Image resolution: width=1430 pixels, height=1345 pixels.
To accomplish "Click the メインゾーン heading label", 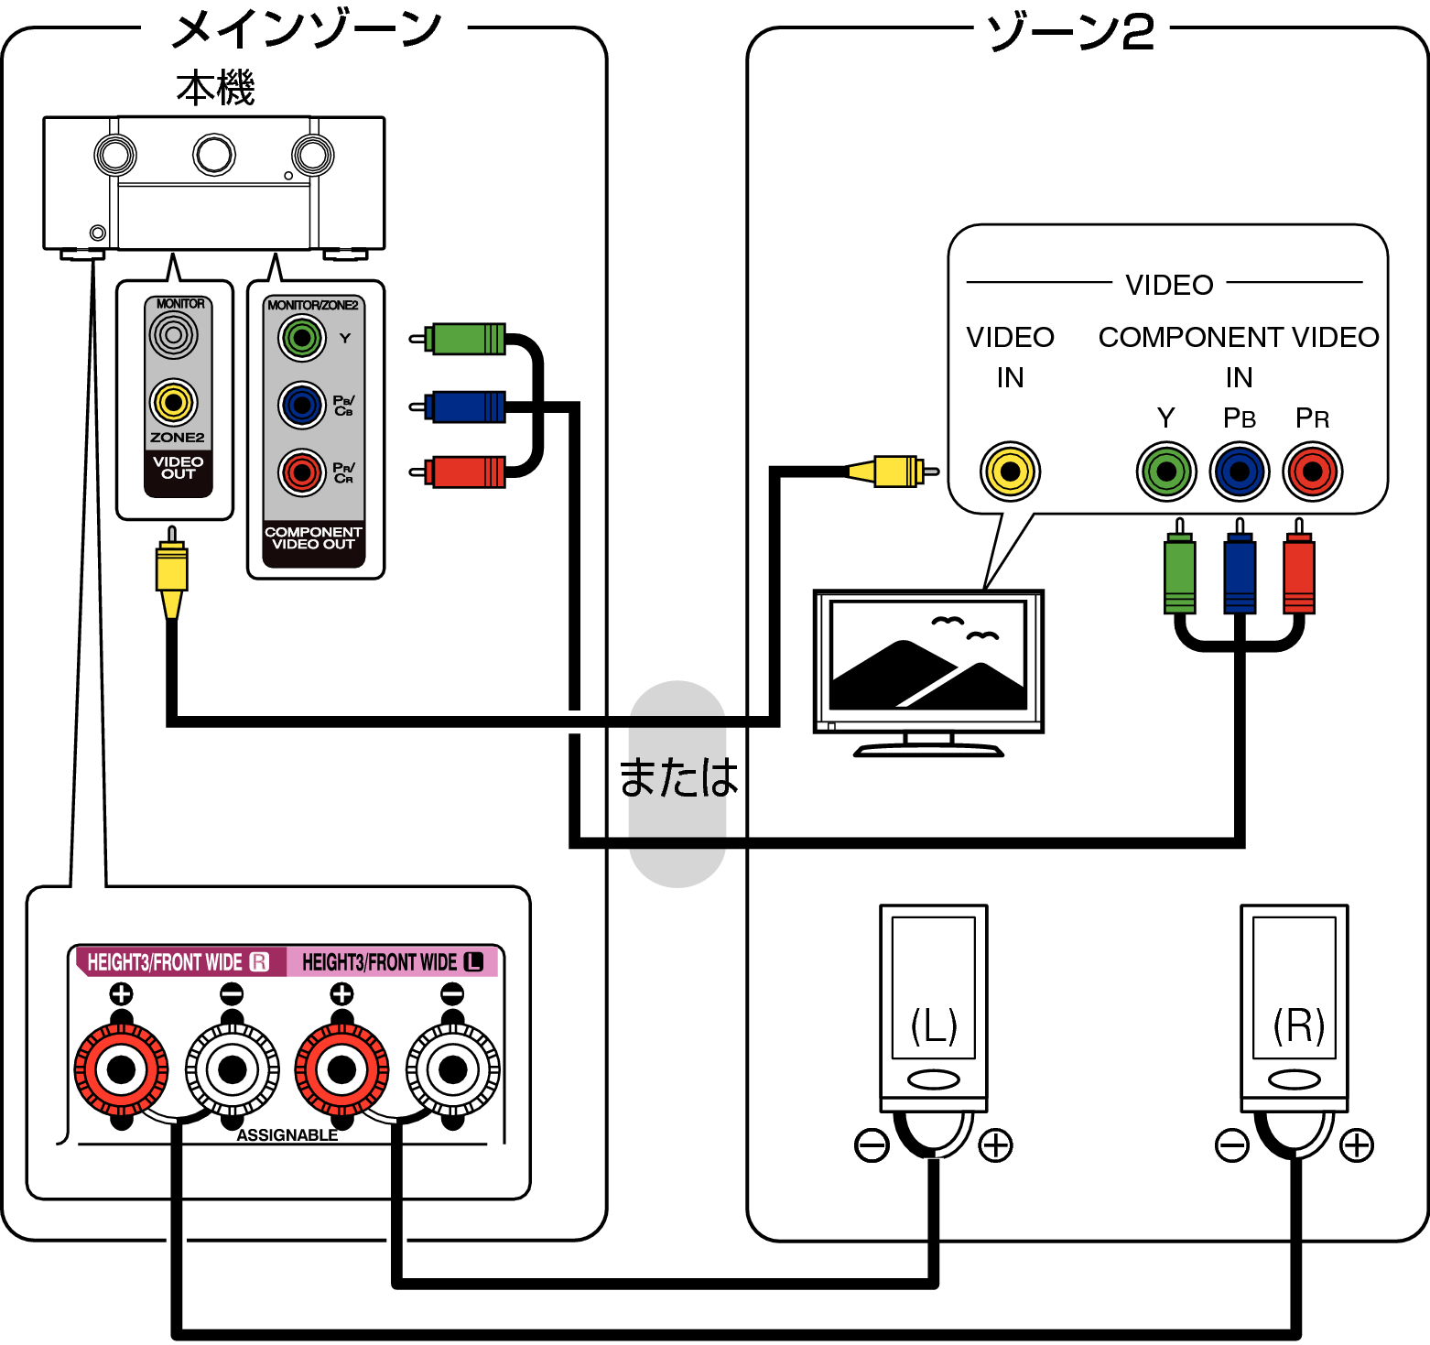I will tap(305, 32).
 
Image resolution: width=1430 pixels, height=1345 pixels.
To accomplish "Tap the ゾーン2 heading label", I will tap(1069, 35).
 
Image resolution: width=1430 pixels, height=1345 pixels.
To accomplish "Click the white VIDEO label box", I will tap(1168, 285).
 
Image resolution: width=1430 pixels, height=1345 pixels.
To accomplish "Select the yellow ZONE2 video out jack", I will tap(173, 402).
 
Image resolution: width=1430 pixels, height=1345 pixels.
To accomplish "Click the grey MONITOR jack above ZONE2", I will tap(173, 335).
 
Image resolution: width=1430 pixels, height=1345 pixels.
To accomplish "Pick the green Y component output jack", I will tap(302, 338).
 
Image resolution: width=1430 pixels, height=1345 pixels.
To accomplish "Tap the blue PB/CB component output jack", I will tap(302, 405).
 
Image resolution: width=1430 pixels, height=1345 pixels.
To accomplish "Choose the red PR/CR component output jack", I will tap(302, 472).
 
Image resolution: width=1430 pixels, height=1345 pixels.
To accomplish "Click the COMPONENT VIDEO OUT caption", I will tap(313, 538).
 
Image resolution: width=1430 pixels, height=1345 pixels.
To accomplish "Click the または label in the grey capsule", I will tap(677, 779).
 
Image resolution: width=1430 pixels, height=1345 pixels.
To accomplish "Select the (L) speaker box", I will tap(933, 988).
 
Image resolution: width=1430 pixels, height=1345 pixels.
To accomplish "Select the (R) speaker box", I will tap(1294, 988).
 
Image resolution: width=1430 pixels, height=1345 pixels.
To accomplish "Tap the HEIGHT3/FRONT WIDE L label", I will tap(392, 962).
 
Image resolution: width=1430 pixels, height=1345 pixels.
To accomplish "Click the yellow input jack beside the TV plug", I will tap(1010, 472).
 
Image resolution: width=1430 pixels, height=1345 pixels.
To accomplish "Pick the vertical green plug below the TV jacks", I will tap(1179, 575).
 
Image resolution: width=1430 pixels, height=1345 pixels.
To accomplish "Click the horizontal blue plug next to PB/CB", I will tap(467, 406).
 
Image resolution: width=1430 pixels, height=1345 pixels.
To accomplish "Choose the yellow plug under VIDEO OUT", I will tap(171, 571).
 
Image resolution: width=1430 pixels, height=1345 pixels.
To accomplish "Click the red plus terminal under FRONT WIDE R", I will tap(122, 1069).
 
